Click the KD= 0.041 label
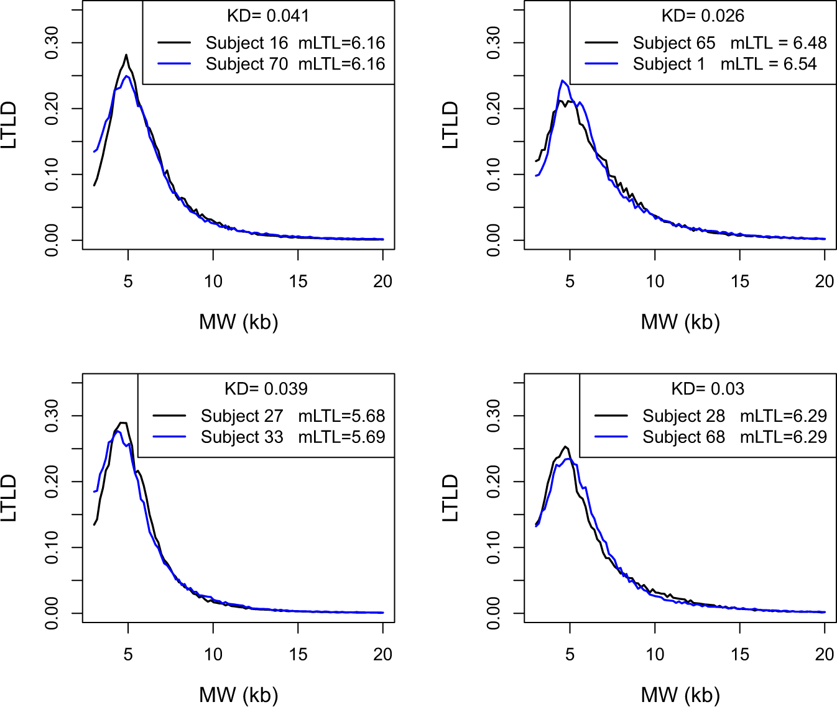pyautogui.click(x=268, y=16)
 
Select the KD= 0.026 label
pyautogui.click(x=703, y=16)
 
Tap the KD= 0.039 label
pyautogui.click(x=266, y=389)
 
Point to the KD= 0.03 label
pyautogui.click(x=708, y=389)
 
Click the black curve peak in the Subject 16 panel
pyautogui.click(x=126, y=55)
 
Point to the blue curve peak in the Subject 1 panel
pyautogui.click(x=562, y=81)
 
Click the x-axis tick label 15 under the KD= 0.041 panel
pyautogui.click(x=298, y=281)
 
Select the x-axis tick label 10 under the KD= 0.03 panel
pyautogui.click(x=655, y=654)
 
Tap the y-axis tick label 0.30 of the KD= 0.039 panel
pyautogui.click(x=52, y=416)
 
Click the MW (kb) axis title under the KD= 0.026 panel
pyautogui.click(x=680, y=322)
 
